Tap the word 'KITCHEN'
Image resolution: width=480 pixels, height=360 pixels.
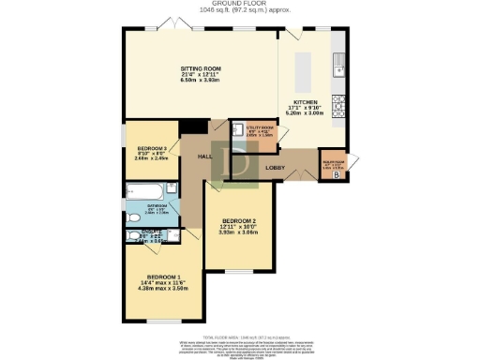coord(306,101)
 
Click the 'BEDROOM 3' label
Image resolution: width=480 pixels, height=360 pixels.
coord(150,149)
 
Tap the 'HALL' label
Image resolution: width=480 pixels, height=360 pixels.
coord(205,157)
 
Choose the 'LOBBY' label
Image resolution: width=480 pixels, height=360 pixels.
coord(276,169)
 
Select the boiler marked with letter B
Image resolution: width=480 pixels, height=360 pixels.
coord(336,174)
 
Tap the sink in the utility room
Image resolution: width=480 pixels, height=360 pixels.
coord(238,131)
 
